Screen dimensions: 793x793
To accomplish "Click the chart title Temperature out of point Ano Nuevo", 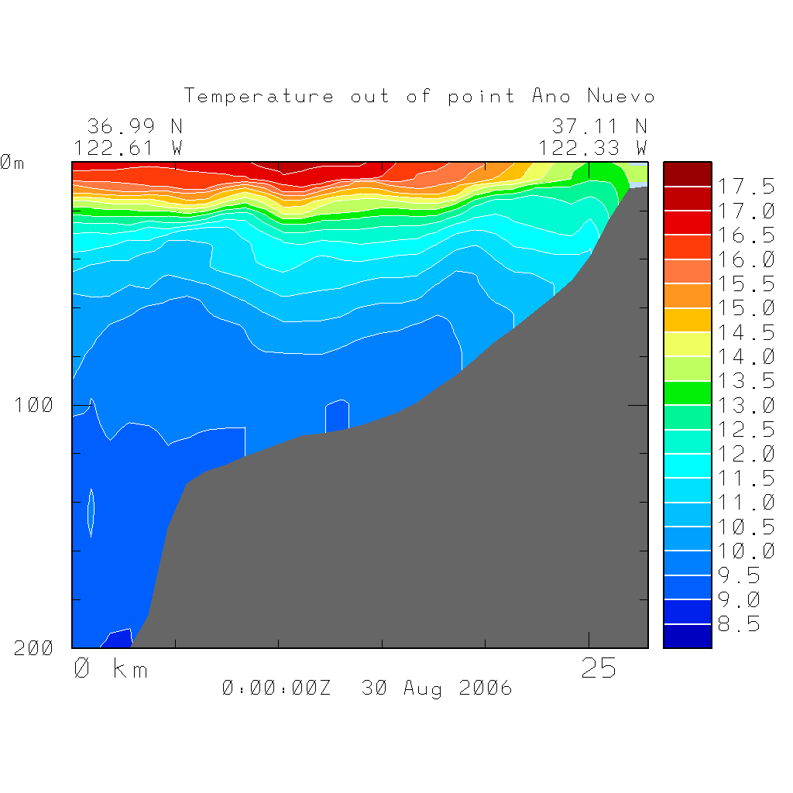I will (419, 97).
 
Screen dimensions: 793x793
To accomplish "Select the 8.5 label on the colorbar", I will (735, 624).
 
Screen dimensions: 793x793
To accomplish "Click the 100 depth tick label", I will (34, 405).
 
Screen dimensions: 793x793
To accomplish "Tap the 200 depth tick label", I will (34, 649).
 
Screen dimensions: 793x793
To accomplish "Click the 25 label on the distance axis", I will (599, 669).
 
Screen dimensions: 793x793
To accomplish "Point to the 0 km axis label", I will (111, 669).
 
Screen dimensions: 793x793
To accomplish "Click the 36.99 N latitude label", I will (134, 126).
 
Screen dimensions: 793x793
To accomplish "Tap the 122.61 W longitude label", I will (128, 147).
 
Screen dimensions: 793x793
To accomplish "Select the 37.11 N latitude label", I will (599, 126).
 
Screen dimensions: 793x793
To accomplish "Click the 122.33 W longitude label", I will (592, 147).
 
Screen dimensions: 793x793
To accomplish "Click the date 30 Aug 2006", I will (437, 688).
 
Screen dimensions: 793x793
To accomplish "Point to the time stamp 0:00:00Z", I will (276, 688).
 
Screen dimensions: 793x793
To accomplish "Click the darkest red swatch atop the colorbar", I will (687, 174).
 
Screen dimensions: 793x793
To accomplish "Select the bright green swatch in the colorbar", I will (687, 393).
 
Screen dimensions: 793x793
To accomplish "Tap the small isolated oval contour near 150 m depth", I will (91, 512).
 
